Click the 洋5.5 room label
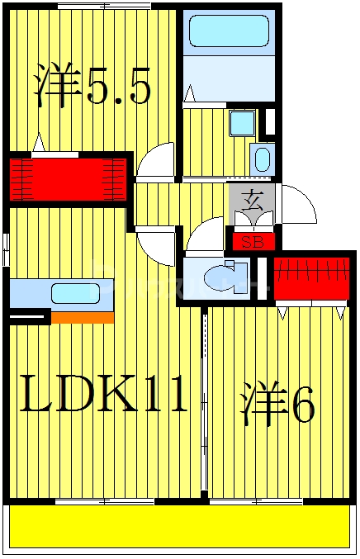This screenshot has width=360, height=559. coord(92,87)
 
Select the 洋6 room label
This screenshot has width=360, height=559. coord(277,404)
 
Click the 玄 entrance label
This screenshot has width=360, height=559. coord(252,199)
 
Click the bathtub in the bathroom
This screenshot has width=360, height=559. coord(229,32)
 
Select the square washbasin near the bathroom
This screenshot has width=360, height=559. coord(242,124)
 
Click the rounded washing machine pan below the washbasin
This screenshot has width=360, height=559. coord(263,158)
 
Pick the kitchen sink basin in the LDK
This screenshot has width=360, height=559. coord(75,293)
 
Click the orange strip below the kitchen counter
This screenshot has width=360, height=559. coord(83,317)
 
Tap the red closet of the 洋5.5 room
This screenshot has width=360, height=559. coord(69,178)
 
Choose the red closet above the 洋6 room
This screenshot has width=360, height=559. coord(311,279)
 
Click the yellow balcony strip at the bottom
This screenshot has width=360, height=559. coord(179,528)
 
